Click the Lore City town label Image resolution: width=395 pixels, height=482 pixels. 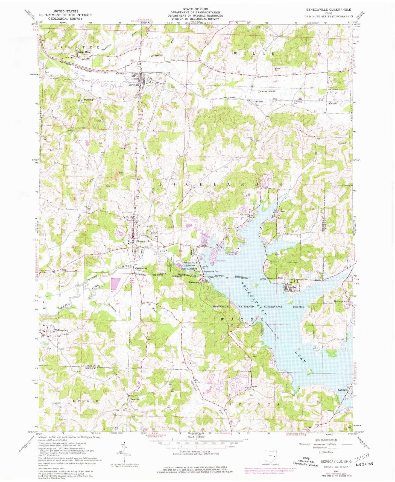tap(134, 85)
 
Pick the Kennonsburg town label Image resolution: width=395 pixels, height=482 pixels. tap(340, 301)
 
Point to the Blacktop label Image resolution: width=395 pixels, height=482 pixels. tap(89, 100)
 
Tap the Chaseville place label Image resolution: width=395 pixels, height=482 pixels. tap(134, 399)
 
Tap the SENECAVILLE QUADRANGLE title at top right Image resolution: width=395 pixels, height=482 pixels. tap(328, 10)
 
